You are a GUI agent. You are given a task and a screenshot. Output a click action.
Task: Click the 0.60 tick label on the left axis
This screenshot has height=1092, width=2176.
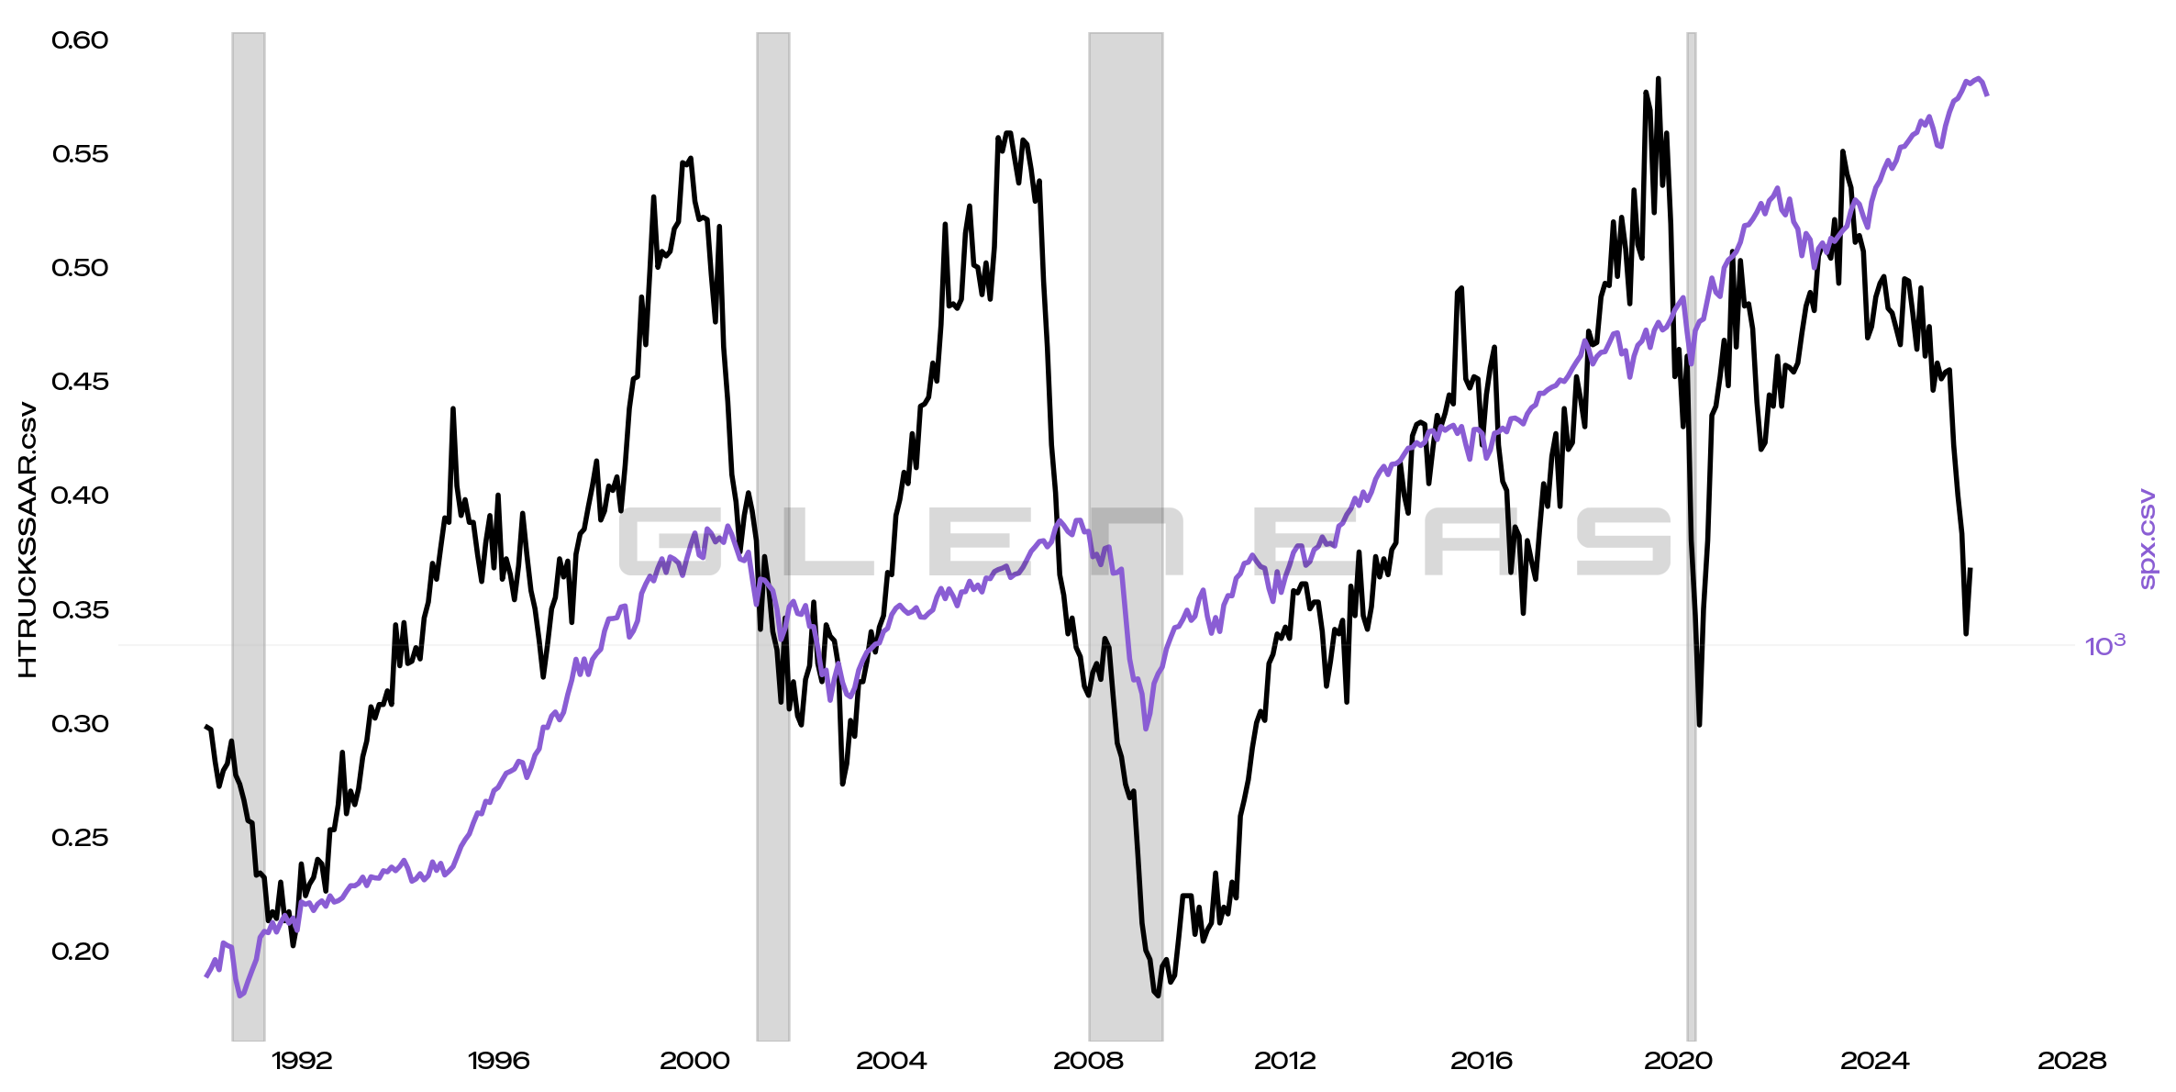click(x=80, y=40)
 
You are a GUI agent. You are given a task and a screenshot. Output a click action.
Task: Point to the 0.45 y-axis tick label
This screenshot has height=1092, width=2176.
click(x=80, y=382)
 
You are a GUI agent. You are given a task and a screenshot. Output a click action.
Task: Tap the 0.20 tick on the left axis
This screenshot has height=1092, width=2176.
click(x=80, y=952)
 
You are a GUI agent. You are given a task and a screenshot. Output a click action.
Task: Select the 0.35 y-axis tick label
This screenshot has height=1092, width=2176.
click(x=80, y=610)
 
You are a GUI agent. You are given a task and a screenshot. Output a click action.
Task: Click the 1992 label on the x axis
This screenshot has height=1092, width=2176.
click(x=302, y=1062)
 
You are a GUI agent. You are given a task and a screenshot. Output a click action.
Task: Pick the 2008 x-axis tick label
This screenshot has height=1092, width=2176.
click(x=1088, y=1062)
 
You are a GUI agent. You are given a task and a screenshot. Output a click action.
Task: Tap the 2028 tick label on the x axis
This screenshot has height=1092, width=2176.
click(x=2071, y=1062)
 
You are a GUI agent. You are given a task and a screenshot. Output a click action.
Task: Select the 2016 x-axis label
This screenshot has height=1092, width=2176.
click(x=1481, y=1062)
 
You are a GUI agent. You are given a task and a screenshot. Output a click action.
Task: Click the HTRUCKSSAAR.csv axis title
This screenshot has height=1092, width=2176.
click(x=28, y=540)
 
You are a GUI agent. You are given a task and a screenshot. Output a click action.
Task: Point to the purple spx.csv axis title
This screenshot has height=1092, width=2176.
click(x=2148, y=540)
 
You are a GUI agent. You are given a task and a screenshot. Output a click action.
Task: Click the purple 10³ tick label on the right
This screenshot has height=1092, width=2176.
click(x=2104, y=647)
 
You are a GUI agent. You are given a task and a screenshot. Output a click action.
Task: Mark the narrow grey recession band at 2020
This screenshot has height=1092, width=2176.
click(x=1691, y=537)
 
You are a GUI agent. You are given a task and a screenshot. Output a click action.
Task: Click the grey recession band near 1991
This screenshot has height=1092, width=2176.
click(x=249, y=537)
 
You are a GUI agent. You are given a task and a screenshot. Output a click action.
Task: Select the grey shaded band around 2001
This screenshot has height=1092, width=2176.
click(x=772, y=537)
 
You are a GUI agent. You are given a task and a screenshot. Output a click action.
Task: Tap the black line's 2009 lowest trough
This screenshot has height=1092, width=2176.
click(x=1157, y=995)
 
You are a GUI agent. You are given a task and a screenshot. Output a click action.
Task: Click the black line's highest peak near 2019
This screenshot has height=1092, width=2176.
click(x=1658, y=80)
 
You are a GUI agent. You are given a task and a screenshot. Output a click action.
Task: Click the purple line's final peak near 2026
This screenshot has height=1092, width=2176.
click(x=1979, y=79)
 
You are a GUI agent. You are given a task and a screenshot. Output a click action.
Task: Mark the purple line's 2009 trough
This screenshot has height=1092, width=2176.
click(x=1146, y=729)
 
